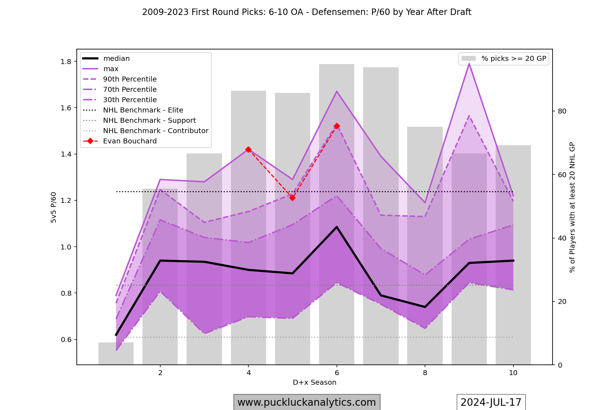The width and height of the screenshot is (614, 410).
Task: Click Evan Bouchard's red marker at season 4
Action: pyautogui.click(x=248, y=149)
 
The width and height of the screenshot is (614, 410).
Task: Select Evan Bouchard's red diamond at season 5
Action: pyautogui.click(x=292, y=198)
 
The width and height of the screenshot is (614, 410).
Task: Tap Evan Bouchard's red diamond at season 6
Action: pyautogui.click(x=337, y=126)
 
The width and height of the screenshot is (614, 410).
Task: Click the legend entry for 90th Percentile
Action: pyautogui.click(x=130, y=79)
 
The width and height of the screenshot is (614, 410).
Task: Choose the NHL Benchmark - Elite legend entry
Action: pyautogui.click(x=143, y=110)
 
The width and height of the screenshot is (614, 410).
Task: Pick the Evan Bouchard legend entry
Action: pyautogui.click(x=130, y=141)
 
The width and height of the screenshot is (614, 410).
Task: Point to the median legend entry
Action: pyautogui.click(x=116, y=58)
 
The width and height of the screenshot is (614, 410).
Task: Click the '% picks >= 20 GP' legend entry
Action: pyautogui.click(x=513, y=58)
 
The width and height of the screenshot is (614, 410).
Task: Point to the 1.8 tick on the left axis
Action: pyautogui.click(x=66, y=62)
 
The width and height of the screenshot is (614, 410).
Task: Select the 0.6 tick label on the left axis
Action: pyautogui.click(x=66, y=340)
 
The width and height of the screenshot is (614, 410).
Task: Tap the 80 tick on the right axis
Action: pyautogui.click(x=562, y=111)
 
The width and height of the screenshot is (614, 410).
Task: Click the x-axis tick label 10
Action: pyautogui.click(x=513, y=373)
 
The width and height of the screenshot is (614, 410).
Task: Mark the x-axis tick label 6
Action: pyautogui.click(x=337, y=373)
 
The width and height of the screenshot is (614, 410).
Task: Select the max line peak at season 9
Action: pyautogui.click(x=469, y=64)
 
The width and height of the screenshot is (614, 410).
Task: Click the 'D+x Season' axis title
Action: pyautogui.click(x=314, y=382)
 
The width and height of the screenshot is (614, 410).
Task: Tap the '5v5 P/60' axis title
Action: pyautogui.click(x=54, y=207)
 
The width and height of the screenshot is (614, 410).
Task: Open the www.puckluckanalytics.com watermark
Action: pyautogui.click(x=307, y=402)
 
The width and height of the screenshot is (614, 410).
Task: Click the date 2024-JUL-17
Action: pyautogui.click(x=491, y=402)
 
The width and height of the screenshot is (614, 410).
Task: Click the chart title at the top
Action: pyautogui.click(x=307, y=12)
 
